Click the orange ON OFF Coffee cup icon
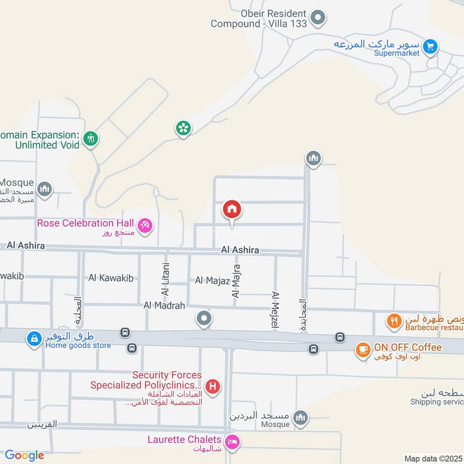point(363,349)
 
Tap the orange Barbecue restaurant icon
point(394,321)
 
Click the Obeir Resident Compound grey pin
point(317,19)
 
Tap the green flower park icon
point(183,128)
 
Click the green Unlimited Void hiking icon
point(90,139)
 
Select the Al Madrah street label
point(164,305)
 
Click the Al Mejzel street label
point(275,311)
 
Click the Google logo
point(24,455)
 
